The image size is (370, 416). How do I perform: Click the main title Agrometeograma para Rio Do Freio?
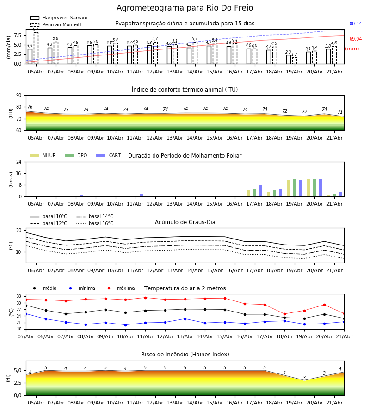(185, 8)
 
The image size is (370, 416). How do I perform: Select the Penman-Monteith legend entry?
(56, 24)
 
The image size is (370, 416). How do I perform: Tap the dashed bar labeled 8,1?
(36, 48)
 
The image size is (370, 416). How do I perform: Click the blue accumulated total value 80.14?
(356, 24)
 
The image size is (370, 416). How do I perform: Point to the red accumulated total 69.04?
(356, 39)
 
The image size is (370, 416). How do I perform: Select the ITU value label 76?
(30, 107)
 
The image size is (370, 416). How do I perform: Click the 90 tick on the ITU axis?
(19, 96)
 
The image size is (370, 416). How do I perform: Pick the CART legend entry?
(109, 155)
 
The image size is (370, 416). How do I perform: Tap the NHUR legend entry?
(43, 155)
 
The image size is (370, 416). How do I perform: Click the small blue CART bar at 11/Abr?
(141, 195)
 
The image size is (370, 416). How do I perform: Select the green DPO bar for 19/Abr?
(294, 188)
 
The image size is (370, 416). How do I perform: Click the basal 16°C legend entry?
(95, 223)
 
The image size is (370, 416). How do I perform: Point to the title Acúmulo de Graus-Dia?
(185, 222)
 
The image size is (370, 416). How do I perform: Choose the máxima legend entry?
(120, 288)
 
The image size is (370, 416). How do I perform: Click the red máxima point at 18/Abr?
(284, 314)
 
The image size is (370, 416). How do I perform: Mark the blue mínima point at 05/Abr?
(26, 314)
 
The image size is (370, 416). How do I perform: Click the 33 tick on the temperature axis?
(19, 296)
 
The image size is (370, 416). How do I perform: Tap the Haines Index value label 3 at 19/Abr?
(304, 378)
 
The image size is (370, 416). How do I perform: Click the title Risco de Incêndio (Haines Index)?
(185, 355)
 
